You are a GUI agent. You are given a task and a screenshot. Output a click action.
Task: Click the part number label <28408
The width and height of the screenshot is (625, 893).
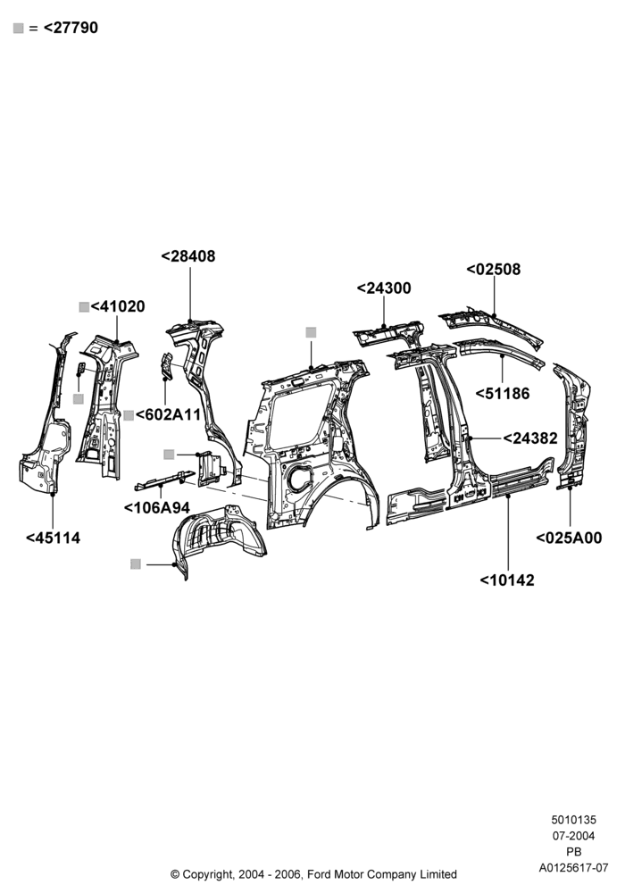[188, 256]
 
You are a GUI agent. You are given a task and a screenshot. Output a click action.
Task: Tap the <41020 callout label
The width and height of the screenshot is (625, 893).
[118, 306]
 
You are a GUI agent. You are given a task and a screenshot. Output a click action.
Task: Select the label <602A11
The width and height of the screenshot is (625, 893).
[169, 414]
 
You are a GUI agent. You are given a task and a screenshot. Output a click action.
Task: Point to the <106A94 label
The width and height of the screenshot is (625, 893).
[157, 507]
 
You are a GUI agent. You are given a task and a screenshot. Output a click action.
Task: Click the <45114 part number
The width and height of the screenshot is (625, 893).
[53, 538]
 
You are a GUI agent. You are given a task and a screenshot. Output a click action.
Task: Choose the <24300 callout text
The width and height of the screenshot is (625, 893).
[384, 288]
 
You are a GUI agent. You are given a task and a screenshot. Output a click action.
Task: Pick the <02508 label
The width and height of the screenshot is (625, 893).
[494, 270]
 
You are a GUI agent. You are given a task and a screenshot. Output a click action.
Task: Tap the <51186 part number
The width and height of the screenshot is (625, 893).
[503, 394]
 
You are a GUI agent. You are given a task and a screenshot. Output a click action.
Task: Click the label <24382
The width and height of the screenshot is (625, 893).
[530, 438]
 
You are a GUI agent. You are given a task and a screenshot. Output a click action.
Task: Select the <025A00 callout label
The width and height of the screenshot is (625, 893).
[570, 538]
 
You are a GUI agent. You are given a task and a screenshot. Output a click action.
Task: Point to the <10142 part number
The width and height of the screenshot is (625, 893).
[507, 580]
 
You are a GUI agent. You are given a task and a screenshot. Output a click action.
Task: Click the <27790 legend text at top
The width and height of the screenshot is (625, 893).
[71, 28]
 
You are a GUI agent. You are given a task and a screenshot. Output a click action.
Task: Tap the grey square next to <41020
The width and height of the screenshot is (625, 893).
[84, 307]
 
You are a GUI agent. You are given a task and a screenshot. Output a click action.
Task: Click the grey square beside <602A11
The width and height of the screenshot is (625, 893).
[129, 415]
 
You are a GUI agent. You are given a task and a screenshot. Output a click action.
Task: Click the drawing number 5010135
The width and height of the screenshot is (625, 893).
[574, 820]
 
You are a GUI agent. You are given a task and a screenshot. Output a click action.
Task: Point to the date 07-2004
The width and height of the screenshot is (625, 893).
[574, 836]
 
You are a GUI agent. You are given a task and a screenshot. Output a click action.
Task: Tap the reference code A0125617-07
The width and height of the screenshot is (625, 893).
[574, 868]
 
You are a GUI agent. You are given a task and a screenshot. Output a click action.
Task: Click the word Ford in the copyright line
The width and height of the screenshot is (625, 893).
[321, 874]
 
